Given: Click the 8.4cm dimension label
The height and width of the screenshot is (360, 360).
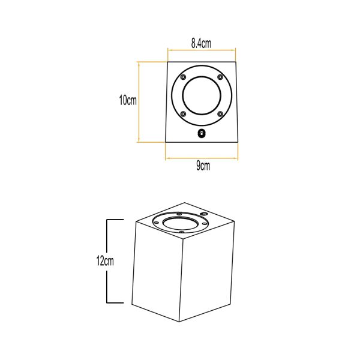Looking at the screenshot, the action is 201,43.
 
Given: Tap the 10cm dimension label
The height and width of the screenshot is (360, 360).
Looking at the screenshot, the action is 128,100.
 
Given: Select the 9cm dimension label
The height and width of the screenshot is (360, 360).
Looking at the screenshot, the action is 203,166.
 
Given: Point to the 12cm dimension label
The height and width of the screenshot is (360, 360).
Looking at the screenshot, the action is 105,261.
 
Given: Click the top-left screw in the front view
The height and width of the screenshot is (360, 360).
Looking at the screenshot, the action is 183,77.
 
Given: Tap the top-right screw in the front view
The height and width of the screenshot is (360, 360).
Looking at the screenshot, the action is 220,77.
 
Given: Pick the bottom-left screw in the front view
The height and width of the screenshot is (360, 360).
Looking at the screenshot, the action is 183,113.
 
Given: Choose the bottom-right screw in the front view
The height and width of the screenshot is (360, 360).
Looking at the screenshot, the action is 220,113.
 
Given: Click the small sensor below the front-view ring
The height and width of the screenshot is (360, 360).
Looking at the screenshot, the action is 202,134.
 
